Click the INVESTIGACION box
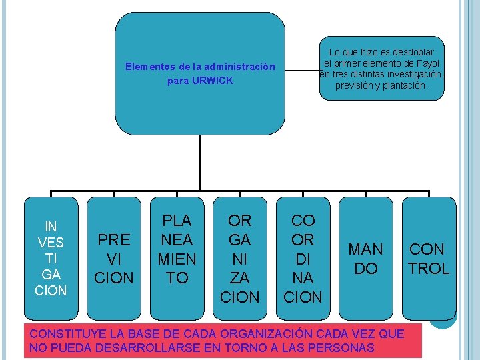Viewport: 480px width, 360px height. click(x=51, y=257)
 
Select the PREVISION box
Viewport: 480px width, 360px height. click(x=114, y=259)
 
